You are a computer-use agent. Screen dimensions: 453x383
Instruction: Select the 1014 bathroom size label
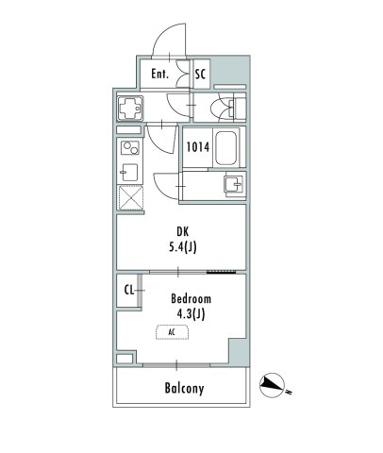click(x=196, y=146)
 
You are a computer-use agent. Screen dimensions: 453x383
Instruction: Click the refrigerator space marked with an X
click(x=128, y=197)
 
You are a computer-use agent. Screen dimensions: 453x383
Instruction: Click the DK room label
click(x=181, y=230)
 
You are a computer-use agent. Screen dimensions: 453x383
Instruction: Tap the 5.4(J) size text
click(x=181, y=247)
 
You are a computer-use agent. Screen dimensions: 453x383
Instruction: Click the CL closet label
click(x=128, y=291)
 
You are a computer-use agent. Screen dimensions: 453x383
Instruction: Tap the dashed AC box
click(x=172, y=332)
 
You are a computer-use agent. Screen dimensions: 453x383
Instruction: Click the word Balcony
click(x=184, y=388)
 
